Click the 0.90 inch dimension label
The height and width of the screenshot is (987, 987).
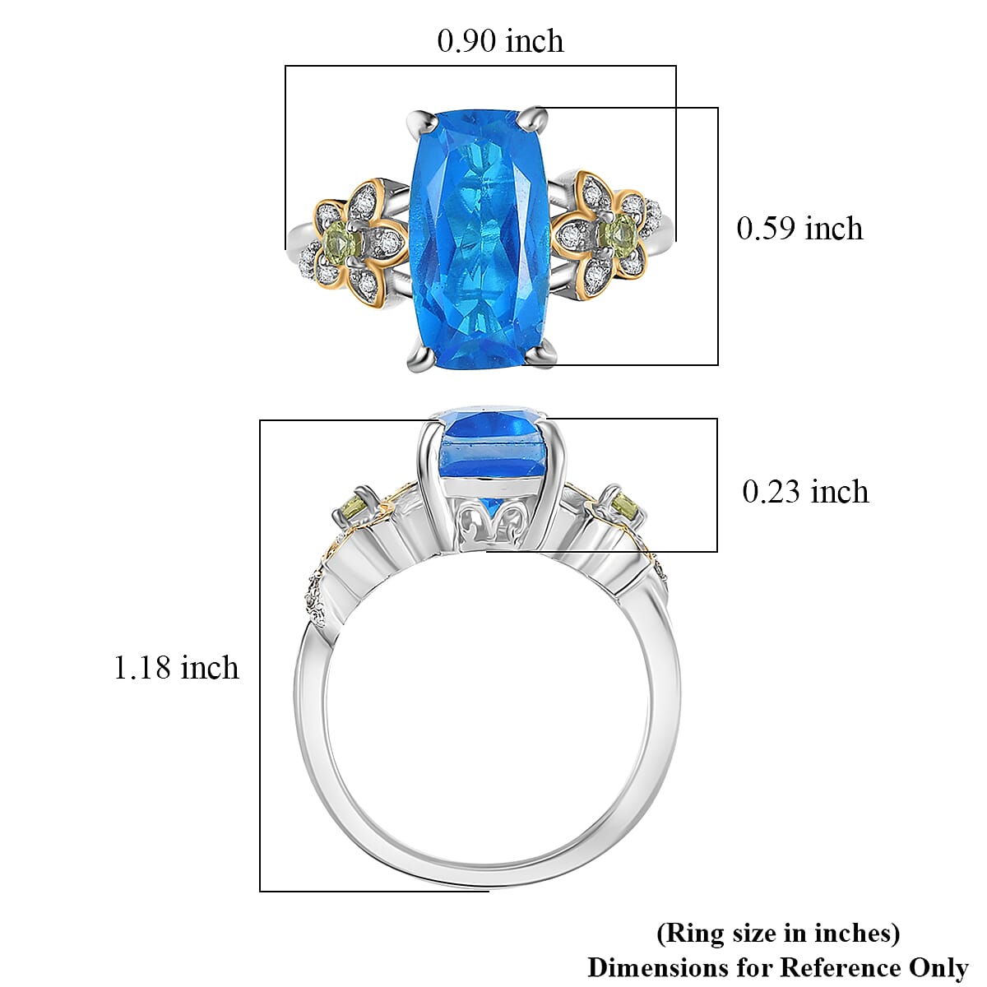[500, 41]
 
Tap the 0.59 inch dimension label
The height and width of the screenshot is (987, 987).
[799, 229]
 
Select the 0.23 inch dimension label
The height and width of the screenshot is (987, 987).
[805, 492]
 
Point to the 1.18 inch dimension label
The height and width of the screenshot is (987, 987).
[176, 668]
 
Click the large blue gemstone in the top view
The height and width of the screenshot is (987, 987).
[480, 239]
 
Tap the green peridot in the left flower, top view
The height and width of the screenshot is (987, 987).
[341, 240]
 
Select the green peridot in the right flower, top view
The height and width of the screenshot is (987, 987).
[619, 231]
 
